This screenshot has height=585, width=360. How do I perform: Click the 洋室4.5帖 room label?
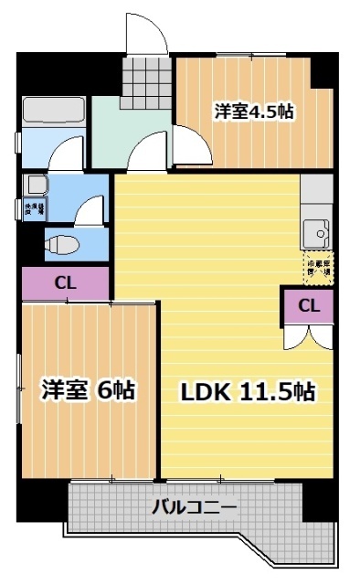pyautogui.click(x=254, y=112)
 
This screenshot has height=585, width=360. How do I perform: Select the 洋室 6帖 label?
pyautogui.click(x=88, y=389)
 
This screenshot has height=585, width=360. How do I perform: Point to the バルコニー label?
pyautogui.click(x=194, y=505)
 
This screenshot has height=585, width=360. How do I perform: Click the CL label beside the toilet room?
pyautogui.click(x=65, y=282)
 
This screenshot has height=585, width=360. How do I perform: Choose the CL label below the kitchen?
pyautogui.click(x=310, y=305)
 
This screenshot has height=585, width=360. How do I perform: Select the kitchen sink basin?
pyautogui.click(x=317, y=231)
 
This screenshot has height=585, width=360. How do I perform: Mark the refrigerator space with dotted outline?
pyautogui.click(x=317, y=266)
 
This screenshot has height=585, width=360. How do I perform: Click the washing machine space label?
pyautogui.click(x=34, y=207)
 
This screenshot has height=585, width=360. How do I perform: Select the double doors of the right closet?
pyautogui.click(x=310, y=335)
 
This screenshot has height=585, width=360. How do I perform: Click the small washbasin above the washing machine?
pyautogui.click(x=35, y=185)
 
